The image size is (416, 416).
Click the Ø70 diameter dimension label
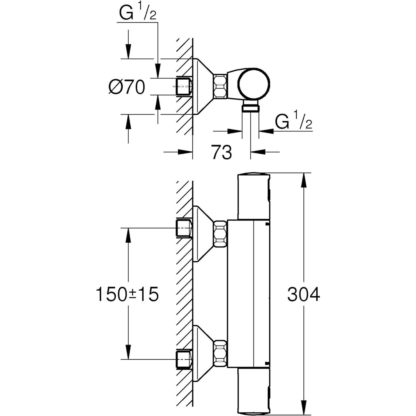tap(127, 87)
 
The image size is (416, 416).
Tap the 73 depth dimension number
tap(222, 152)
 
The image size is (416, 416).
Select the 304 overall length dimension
tap(304, 294)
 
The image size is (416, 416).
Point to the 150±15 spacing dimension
tap(127, 294)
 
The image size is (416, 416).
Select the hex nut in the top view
tap(220, 86)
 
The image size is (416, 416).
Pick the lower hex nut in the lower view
tap(220, 354)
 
